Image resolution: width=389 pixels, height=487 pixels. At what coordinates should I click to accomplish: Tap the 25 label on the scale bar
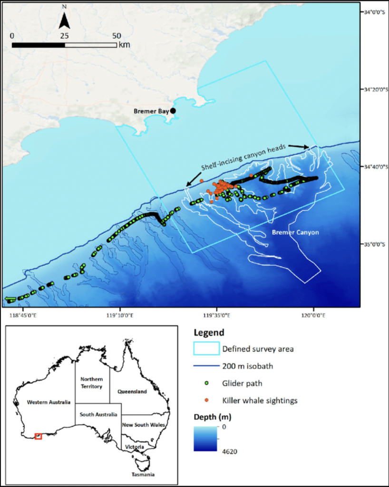coord(65,36)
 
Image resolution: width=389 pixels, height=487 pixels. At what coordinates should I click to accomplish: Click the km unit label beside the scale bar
coord(124,45)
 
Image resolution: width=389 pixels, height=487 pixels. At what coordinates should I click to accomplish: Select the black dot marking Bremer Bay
coord(173,111)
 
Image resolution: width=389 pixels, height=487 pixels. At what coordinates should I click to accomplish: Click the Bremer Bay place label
coord(151,111)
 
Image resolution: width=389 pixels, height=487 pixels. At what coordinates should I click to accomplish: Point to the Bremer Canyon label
coord(295,233)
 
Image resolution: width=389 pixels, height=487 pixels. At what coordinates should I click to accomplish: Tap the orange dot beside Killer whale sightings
coord(206,400)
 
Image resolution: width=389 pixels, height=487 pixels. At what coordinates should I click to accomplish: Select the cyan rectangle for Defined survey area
coord(206,349)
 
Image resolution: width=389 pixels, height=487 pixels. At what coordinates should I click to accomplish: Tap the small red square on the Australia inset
coord(39,436)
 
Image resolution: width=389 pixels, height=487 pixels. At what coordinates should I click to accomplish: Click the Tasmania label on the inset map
coord(144,474)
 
